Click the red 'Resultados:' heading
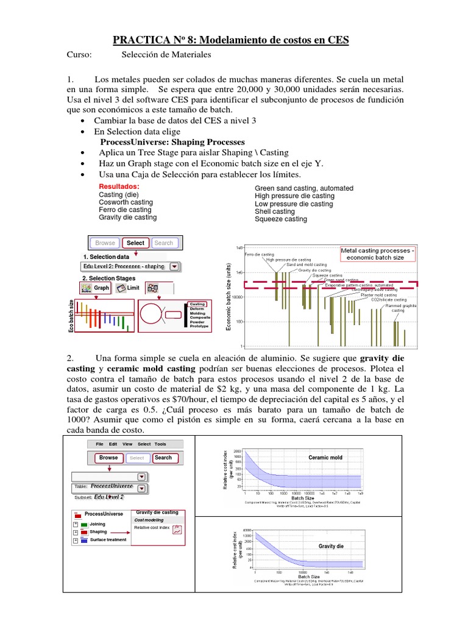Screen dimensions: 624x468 tap(119, 186)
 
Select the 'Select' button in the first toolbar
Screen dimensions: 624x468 tap(135, 243)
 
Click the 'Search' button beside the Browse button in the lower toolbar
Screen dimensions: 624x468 tap(163, 458)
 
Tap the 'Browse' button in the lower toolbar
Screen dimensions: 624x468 tap(108, 458)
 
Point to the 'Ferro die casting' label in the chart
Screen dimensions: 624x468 tap(260, 253)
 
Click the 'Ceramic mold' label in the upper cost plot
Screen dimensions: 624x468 tap(325, 457)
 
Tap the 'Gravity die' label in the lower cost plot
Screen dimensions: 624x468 tap(331, 546)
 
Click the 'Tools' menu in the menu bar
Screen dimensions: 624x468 tap(160, 444)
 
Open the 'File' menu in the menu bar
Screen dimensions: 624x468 tap(100, 444)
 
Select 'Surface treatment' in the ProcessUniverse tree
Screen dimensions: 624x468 tap(108, 540)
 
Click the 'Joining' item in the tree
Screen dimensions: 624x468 tap(97, 523)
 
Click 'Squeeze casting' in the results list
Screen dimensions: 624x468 tap(280, 219)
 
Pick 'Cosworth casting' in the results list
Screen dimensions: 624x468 tap(126, 202)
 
